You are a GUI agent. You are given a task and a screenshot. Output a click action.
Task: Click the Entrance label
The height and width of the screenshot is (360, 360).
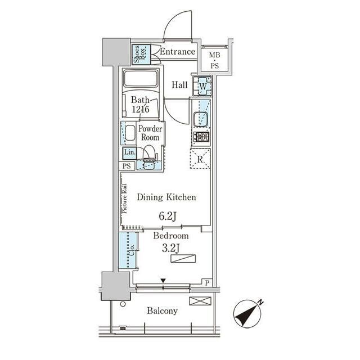[178, 51]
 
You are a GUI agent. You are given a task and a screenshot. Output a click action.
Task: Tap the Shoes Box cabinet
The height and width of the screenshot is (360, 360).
[141, 55]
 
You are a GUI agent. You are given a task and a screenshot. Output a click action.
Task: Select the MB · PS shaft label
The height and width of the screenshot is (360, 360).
[215, 60]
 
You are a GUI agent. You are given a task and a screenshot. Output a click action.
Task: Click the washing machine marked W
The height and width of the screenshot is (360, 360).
[202, 86]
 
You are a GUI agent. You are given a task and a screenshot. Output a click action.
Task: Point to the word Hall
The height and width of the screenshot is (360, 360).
[180, 85]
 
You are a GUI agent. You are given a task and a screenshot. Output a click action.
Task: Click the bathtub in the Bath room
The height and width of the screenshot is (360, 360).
[141, 78]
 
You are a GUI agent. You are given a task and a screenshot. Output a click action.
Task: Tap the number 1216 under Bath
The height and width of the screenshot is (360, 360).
[141, 109]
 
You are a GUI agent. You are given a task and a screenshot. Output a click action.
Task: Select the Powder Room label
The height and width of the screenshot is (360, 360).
[150, 133]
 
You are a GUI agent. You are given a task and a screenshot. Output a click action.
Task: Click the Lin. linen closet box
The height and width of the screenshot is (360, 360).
[129, 153]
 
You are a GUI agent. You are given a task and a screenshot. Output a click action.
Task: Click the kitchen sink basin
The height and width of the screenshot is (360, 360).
[201, 119]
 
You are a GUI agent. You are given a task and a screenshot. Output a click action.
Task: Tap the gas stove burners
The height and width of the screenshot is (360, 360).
[201, 137]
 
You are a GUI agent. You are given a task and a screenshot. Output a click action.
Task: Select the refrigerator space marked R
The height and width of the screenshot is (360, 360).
[200, 159]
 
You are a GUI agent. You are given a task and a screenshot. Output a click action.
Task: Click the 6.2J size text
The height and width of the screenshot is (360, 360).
[168, 216]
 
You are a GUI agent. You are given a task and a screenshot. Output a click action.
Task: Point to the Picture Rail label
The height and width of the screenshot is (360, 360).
[125, 199]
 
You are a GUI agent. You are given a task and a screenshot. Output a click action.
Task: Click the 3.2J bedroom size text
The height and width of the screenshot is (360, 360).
[170, 248]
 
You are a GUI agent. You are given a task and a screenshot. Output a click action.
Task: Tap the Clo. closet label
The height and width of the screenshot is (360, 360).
[132, 250]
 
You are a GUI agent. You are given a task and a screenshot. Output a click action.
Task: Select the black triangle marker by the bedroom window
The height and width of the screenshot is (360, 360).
[163, 281]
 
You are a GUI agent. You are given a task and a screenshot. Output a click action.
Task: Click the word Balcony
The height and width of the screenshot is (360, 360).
[163, 311]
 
